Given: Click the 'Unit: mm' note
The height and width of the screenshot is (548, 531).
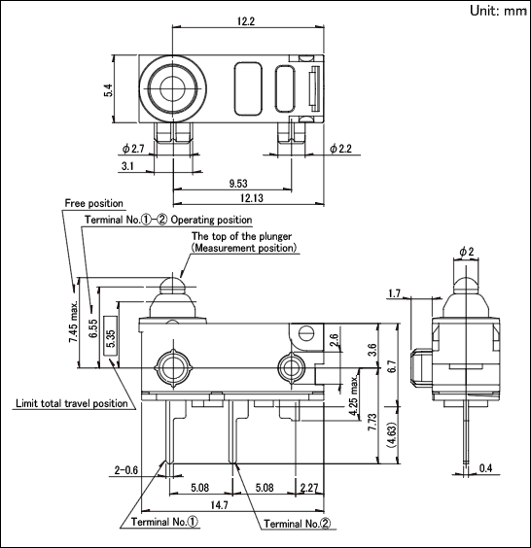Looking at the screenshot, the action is point(498,11).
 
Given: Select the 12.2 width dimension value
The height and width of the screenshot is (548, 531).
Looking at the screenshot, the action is point(246,21).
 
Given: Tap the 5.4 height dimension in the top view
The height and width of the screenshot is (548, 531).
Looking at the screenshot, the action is point(109,90).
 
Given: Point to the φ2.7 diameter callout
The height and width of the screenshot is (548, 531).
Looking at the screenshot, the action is point(133,149).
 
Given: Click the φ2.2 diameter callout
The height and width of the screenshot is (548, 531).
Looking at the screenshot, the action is point(340,149).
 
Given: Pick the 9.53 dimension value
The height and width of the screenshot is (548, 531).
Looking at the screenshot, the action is point(238,183).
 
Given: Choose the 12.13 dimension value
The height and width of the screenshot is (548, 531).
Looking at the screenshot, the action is point(252,198).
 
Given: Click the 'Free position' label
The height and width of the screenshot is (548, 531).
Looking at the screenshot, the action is point(93,203).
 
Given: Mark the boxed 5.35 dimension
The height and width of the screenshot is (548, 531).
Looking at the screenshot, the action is point(111,335).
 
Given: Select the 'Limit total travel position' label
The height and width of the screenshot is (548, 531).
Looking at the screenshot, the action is point(72,403).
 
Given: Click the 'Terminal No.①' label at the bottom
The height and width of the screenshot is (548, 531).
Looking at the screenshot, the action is point(164,522).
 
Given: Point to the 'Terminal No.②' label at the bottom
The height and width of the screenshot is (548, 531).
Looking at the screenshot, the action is point(297,524).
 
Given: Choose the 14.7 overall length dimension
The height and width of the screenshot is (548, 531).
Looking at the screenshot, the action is point(219,505).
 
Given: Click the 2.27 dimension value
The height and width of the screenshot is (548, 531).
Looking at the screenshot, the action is point(308,488).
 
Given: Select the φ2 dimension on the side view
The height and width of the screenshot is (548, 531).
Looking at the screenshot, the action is point(467,252).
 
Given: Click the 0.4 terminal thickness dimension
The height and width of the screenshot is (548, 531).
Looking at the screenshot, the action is point(486,468).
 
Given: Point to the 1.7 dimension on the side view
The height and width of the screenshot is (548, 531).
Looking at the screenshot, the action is point(394,293).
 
